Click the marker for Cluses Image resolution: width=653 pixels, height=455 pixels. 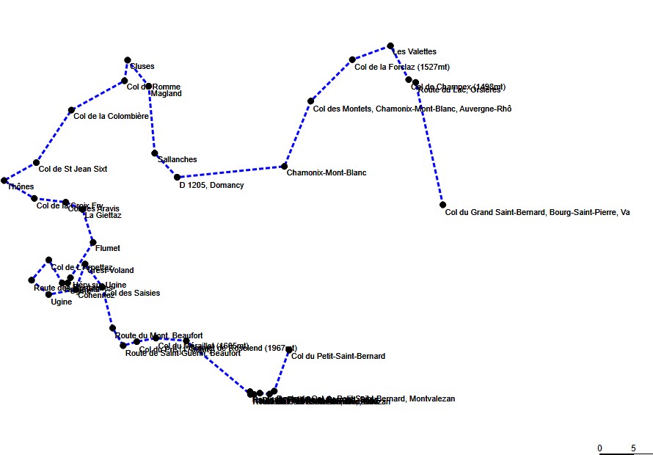click(128, 59)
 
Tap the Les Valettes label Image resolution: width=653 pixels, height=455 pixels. click(416, 52)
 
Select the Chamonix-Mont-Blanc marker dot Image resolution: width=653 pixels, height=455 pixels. click(284, 166)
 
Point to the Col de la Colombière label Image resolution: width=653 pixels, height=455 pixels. click(112, 116)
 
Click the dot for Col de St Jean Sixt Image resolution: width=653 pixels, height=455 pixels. click(36, 162)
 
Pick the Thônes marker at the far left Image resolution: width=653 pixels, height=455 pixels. click(4, 180)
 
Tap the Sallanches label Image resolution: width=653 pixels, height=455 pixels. click(178, 159)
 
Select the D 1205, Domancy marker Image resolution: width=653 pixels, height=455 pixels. click(177, 177)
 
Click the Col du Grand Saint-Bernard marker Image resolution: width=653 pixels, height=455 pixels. click(443, 205)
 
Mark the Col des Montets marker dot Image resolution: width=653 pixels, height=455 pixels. click(310, 101)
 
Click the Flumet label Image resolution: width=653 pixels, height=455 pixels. click(108, 249)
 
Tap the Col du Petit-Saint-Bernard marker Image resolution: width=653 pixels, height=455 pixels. click(289, 350)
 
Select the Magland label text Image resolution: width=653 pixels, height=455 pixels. click(165, 94)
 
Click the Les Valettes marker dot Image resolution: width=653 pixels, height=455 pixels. click(390, 45)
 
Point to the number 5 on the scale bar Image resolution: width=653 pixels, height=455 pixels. click(633, 448)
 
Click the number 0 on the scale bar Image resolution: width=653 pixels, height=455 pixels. click(599, 448)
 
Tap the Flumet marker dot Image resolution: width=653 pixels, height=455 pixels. click(93, 242)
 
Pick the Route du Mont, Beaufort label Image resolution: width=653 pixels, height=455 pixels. click(159, 335)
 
